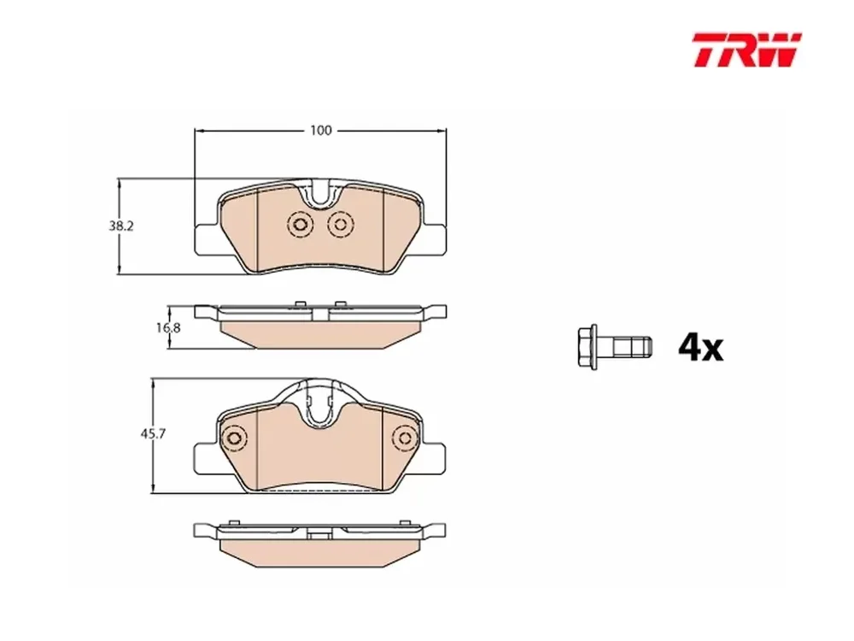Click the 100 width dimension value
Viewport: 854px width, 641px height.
[x=321, y=131]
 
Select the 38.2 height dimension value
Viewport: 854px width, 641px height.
[x=120, y=226]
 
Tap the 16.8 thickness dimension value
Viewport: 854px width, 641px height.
[x=169, y=328]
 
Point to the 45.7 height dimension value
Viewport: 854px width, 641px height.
[x=153, y=434]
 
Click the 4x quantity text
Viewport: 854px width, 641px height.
[x=701, y=347]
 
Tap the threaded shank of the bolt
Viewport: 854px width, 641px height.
[x=632, y=347]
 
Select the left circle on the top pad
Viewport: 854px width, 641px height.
[x=300, y=224]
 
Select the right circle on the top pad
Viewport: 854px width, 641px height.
[x=341, y=224]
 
